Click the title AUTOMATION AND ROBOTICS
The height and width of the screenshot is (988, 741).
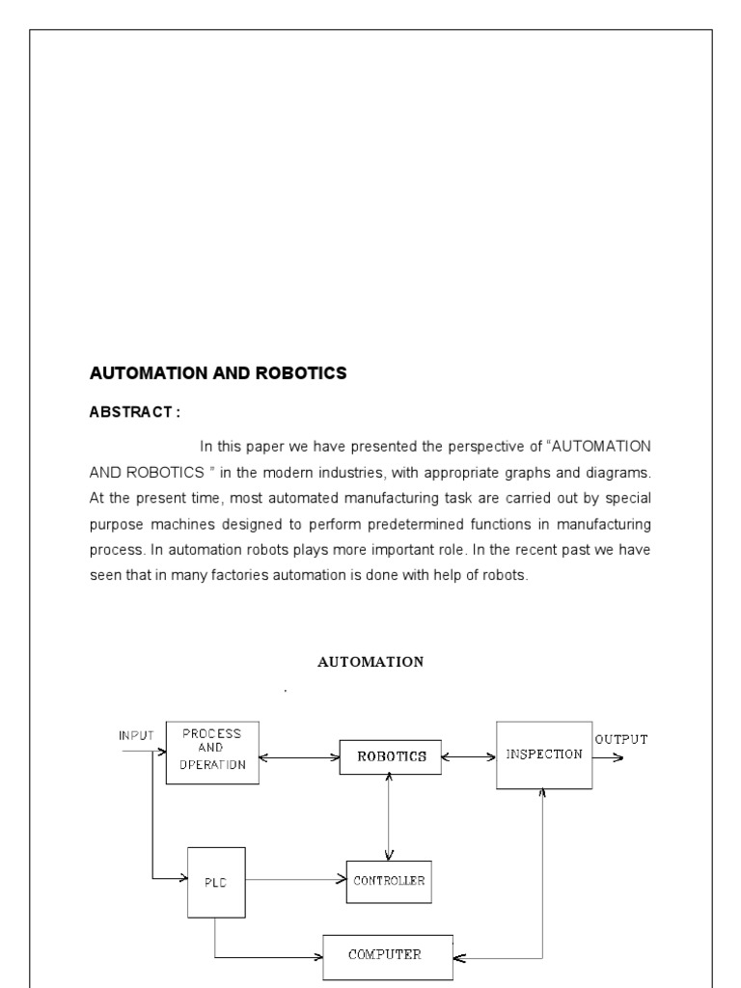click(x=217, y=372)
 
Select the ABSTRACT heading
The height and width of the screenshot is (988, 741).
click(x=134, y=412)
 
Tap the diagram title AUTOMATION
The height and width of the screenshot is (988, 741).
click(x=370, y=662)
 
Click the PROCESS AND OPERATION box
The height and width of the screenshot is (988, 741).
click(x=212, y=753)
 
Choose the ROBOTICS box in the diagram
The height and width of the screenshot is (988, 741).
click(x=391, y=757)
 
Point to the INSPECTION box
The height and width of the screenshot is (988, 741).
click(x=544, y=755)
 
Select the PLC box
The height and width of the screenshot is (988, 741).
click(x=216, y=882)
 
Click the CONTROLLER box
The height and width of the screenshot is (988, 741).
click(x=389, y=881)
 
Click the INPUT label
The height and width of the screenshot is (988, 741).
click(x=136, y=735)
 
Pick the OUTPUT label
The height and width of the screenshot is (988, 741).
click(x=620, y=740)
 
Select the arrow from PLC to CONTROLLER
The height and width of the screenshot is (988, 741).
click(x=295, y=879)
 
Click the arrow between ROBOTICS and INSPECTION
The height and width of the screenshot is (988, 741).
click(x=468, y=757)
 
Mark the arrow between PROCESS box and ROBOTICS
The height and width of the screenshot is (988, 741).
click(x=299, y=757)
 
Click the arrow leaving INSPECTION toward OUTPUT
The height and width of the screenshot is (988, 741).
click(x=608, y=757)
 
